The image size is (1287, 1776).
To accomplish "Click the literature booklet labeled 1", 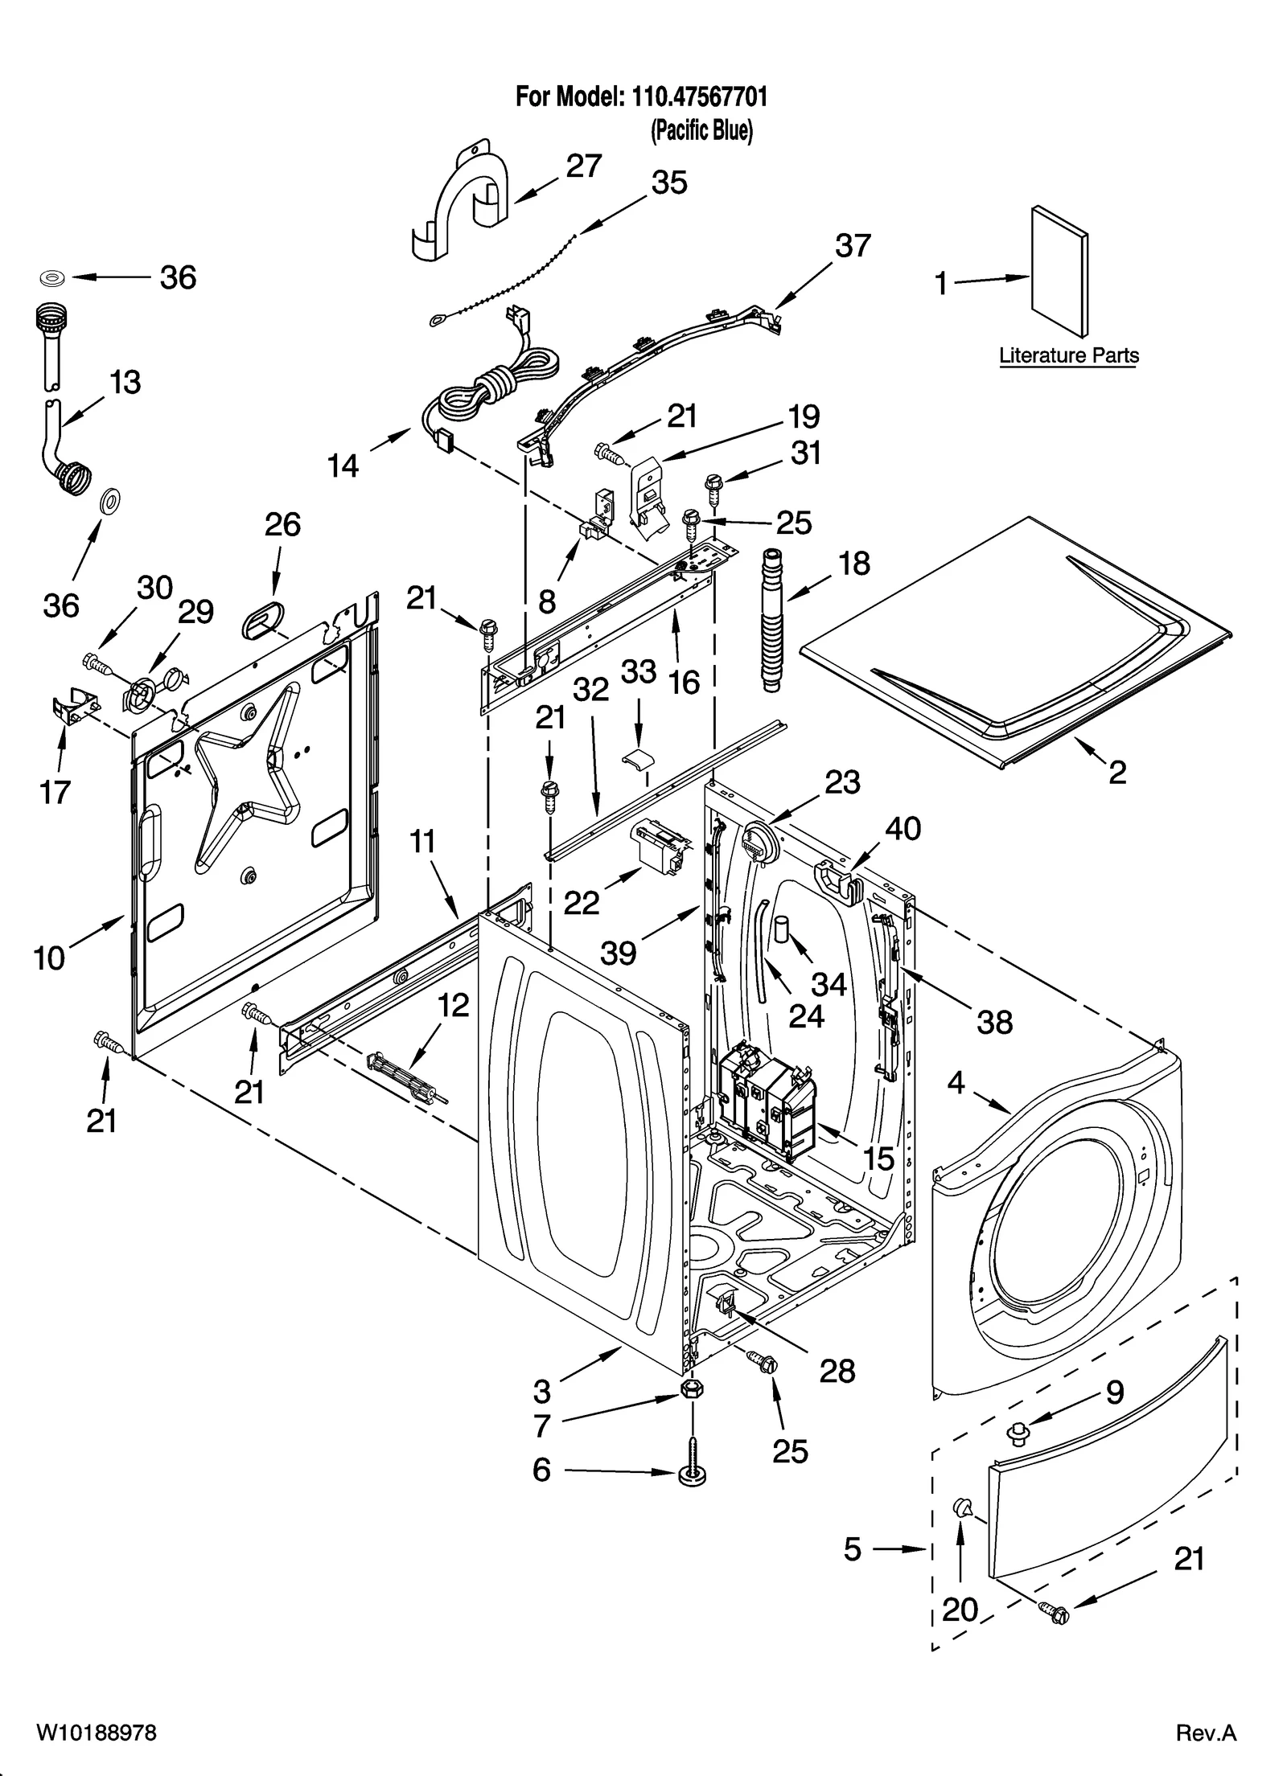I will click(1059, 272).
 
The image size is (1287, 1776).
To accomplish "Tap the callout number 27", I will click(584, 166).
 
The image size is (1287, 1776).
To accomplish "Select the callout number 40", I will click(903, 828).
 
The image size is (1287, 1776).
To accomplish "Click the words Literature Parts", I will click(1068, 355).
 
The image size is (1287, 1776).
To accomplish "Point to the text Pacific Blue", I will click(701, 130).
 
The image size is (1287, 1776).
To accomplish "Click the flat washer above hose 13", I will click(53, 278).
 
